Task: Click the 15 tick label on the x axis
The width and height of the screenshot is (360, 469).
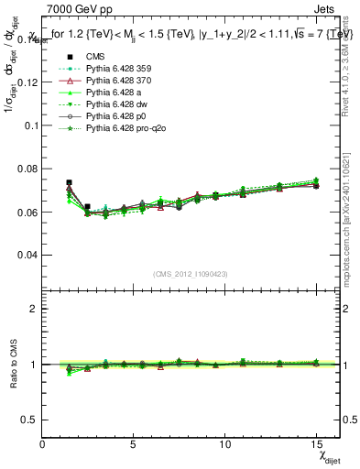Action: click(x=316, y=443)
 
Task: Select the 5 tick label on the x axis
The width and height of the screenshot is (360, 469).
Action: click(x=134, y=443)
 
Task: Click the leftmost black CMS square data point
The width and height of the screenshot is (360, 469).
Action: click(x=69, y=183)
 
